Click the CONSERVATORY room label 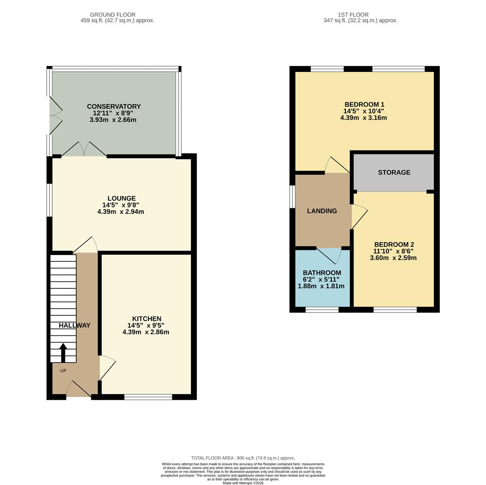click(x=114, y=106)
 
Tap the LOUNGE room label click(x=121, y=198)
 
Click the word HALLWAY click(x=75, y=326)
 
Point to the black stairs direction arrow click(x=63, y=353)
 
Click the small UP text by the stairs click(x=63, y=371)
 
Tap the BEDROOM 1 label click(x=363, y=105)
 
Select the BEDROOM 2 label click(x=393, y=245)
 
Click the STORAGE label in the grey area click(x=394, y=172)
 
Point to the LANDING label click(x=322, y=211)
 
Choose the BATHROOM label click(x=322, y=273)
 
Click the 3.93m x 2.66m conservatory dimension click(x=114, y=120)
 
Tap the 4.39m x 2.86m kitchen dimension click(x=146, y=332)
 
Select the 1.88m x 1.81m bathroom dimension click(x=321, y=286)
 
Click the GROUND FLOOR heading click(x=113, y=15)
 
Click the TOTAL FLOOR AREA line click(x=243, y=458)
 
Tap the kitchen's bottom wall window click(x=148, y=397)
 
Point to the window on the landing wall click(x=292, y=197)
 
